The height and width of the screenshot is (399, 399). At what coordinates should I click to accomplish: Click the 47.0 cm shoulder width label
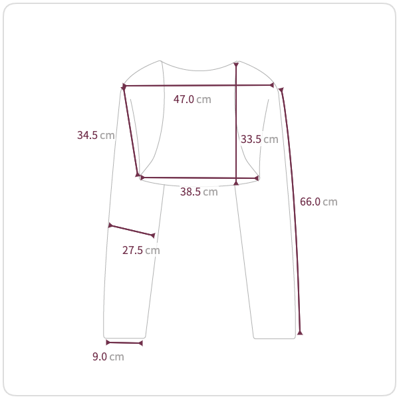click(192, 99)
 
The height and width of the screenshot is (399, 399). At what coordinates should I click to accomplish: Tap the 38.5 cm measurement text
click(199, 192)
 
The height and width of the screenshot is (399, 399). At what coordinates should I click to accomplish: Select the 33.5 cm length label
click(259, 139)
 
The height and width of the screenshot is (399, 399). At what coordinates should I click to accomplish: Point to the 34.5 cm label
click(96, 135)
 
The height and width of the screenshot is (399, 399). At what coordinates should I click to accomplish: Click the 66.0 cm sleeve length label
click(319, 201)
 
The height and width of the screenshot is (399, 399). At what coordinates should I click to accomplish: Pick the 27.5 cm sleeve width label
click(141, 251)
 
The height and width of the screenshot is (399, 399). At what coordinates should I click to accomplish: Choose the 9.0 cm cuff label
click(108, 356)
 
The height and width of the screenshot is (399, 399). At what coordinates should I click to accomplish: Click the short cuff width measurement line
click(124, 343)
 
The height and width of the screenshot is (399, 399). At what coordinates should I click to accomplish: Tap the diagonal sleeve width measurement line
click(132, 231)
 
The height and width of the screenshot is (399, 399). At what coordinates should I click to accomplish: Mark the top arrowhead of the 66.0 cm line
click(281, 90)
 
